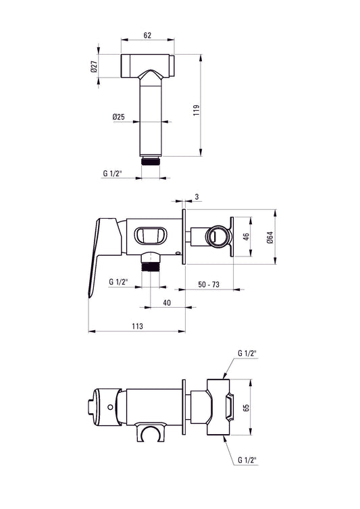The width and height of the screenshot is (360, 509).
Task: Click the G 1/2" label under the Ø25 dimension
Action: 112,173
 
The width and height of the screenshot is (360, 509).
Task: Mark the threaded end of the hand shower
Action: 152,161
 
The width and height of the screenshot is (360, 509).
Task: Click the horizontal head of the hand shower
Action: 147,65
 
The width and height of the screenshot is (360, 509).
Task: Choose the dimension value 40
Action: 166,303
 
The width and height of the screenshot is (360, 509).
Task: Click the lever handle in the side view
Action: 100,253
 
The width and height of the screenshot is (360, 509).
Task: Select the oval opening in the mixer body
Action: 153,236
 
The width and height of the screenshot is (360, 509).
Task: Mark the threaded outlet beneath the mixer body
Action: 151,263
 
